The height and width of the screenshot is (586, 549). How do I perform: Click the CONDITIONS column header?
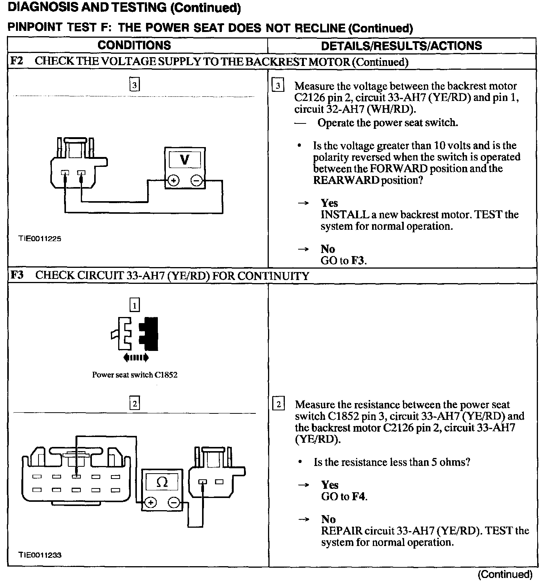pos(134,45)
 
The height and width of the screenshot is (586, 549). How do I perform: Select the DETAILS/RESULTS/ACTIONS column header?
pos(401,46)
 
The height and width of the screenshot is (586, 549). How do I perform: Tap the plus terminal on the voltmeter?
pos(174,180)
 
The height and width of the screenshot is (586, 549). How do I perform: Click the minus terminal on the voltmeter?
pos(197,180)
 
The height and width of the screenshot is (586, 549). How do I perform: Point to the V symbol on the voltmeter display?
pos(185,159)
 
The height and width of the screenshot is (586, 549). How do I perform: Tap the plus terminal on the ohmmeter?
pos(151,503)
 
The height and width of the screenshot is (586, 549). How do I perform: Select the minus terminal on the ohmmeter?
pos(173,503)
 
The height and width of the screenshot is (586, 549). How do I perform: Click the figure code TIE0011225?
pos(40,239)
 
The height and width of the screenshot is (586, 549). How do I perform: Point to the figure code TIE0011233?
pos(40,555)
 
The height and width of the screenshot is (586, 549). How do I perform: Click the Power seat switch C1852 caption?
pos(135,375)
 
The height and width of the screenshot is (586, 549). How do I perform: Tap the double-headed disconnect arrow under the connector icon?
pos(136,357)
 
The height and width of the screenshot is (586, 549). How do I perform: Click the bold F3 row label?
pos(17,275)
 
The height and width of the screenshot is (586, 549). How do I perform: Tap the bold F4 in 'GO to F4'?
pos(359,496)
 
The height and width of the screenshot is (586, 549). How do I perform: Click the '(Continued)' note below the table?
pos(505,574)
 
